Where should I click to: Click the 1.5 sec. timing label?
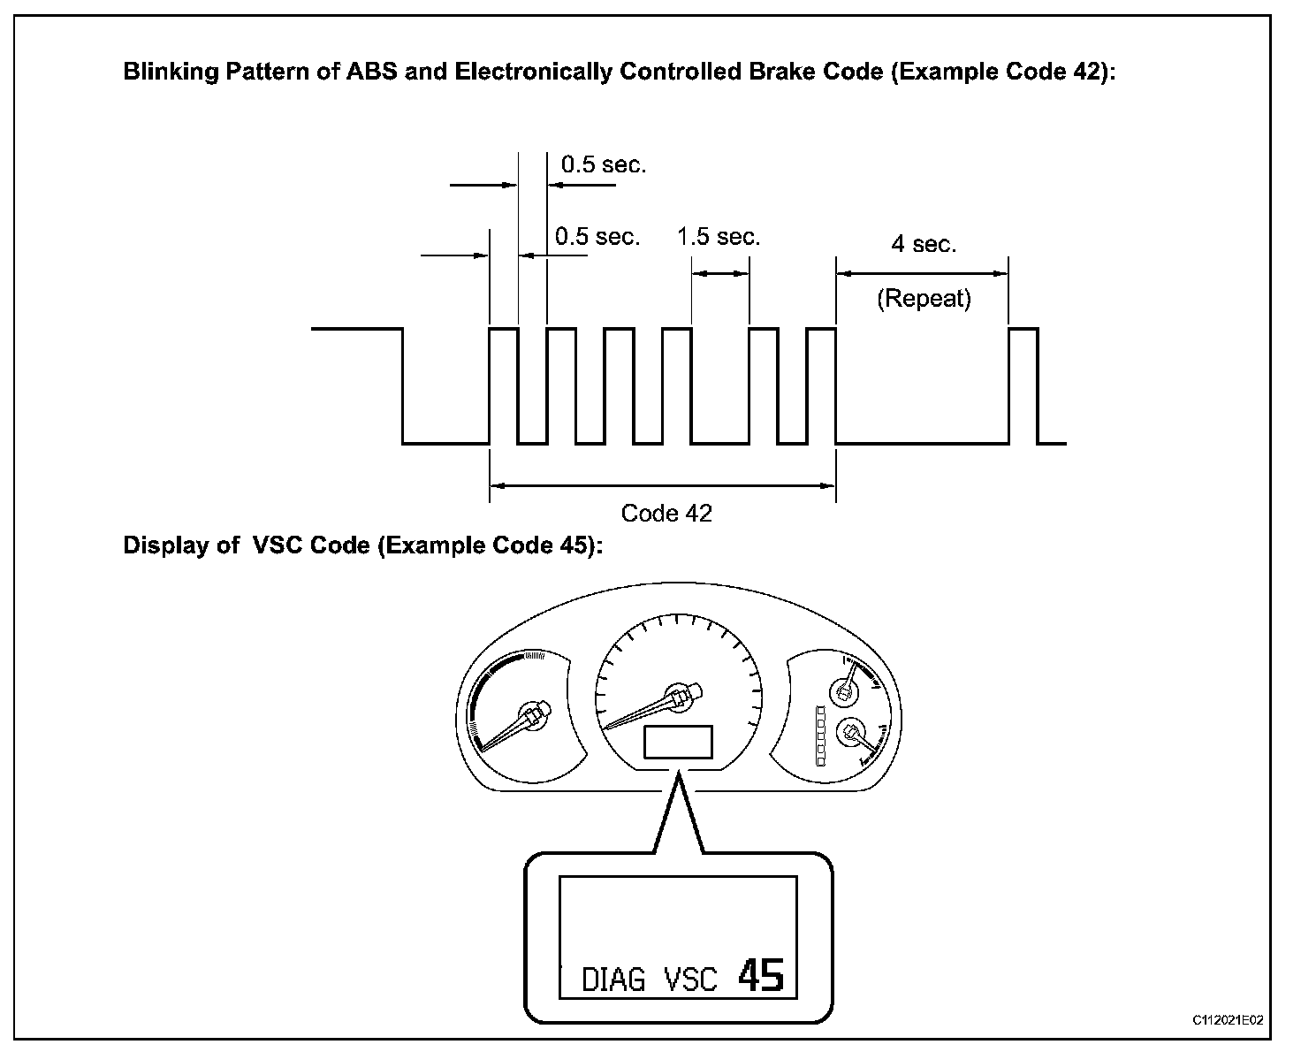tap(719, 237)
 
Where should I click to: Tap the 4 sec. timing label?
tap(924, 244)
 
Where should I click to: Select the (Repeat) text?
tap(924, 299)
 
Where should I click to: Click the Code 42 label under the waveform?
tap(666, 514)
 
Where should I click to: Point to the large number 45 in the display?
tap(760, 976)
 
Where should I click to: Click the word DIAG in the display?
tap(613, 980)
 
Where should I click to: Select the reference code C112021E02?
tap(1228, 1020)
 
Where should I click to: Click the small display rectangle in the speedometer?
tap(678, 742)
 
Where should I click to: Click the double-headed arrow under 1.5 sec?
tap(720, 274)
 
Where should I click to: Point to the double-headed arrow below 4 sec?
tap(922, 274)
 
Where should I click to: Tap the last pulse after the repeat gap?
tap(1023, 385)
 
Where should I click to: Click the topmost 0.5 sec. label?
tap(604, 164)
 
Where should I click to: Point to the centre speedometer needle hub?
tap(680, 696)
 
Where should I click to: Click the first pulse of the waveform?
tap(504, 385)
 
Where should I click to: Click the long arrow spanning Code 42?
tap(662, 485)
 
